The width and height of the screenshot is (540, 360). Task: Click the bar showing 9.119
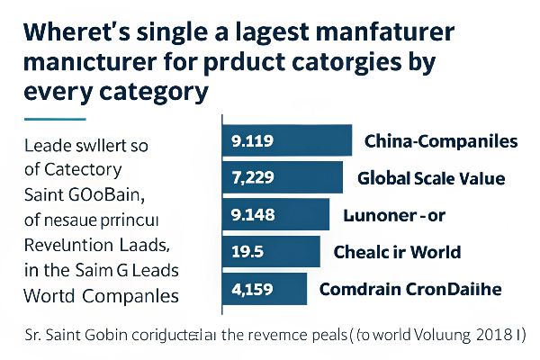click(x=286, y=140)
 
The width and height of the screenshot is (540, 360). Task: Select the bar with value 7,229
click(x=282, y=177)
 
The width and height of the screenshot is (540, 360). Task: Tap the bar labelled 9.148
click(x=278, y=215)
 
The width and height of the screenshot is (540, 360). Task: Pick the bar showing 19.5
click(x=271, y=252)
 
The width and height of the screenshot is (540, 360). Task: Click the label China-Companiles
click(x=440, y=141)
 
